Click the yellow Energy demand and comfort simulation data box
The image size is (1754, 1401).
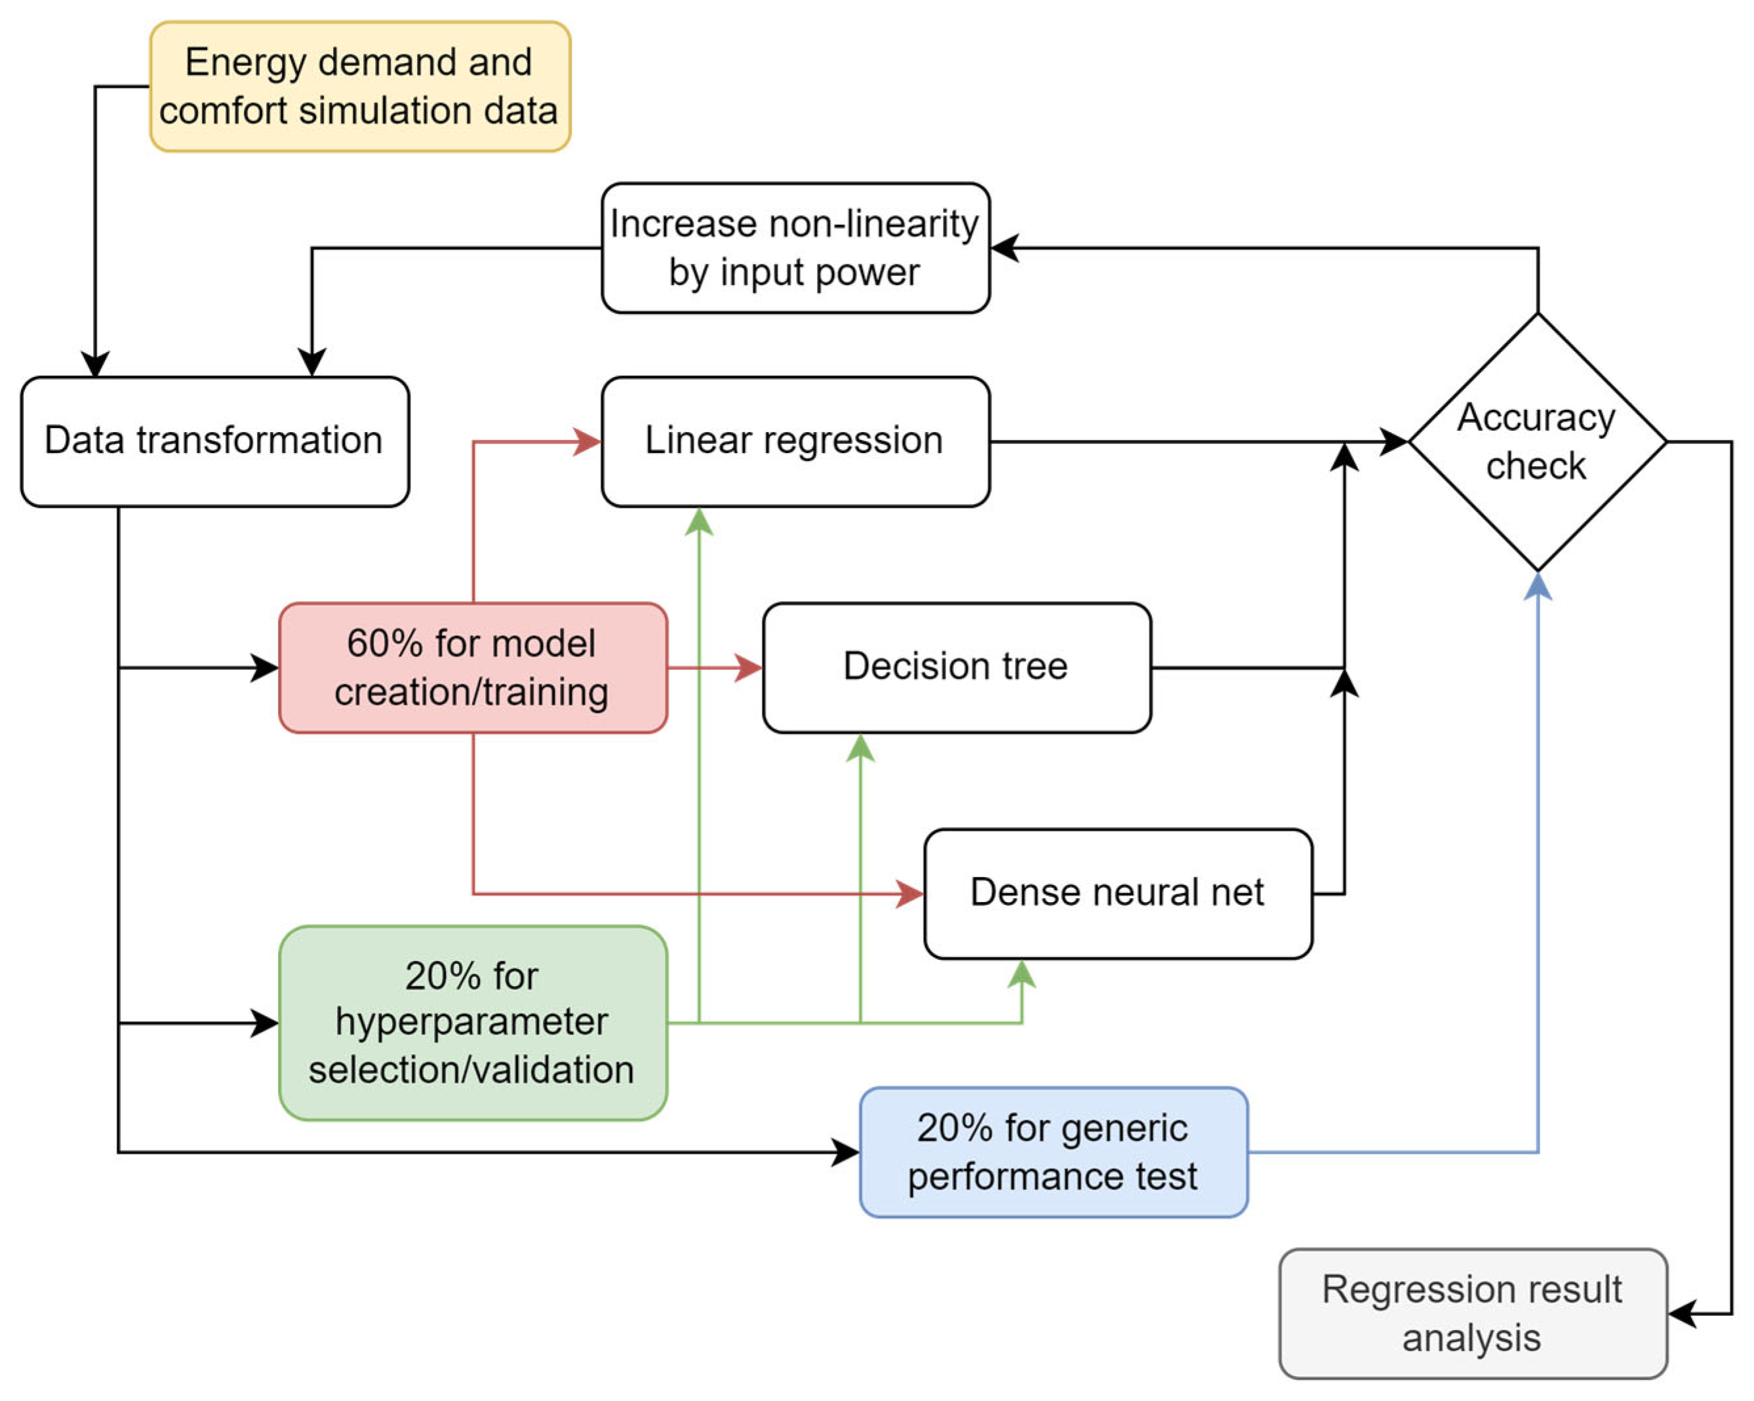[x=359, y=87]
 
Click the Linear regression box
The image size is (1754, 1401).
[x=795, y=442]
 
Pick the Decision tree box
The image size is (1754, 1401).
[x=956, y=667]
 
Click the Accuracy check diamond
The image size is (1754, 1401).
[x=1536, y=442]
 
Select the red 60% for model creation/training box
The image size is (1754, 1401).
[x=473, y=667]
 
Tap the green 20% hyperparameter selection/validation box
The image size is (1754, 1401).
[x=473, y=1023]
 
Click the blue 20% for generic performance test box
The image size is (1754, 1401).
[x=1052, y=1152]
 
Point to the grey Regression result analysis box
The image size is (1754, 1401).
[x=1473, y=1313]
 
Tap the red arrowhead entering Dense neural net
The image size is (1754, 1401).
[x=909, y=894]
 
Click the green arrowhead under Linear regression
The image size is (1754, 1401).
[x=699, y=523]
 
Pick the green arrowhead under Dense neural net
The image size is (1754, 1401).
[x=1021, y=975]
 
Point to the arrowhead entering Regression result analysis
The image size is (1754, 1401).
[x=1683, y=1313]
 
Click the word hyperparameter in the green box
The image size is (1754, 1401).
[x=472, y=1022]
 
